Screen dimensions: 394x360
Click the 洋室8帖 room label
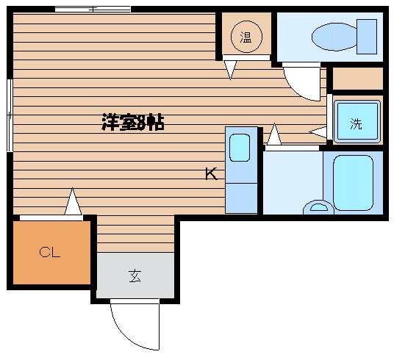click(133, 123)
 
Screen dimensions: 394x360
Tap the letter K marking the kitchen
click(211, 174)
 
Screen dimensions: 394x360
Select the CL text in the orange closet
click(50, 252)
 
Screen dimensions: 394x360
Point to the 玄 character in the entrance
click(135, 276)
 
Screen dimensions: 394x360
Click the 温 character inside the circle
click(246, 37)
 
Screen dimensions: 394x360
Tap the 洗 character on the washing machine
click(356, 123)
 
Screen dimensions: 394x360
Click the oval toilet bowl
click(334, 37)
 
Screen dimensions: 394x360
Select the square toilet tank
click(367, 37)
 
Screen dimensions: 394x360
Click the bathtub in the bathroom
click(353, 183)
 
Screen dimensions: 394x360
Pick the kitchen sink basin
click(240, 148)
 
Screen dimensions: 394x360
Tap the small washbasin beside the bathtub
click(318, 207)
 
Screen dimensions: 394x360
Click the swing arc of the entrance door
click(127, 332)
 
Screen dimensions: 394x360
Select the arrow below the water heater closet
click(230, 70)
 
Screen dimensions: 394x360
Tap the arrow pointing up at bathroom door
click(274, 134)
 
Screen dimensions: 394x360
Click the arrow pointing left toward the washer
click(318, 132)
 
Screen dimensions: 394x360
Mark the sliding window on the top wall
click(93, 10)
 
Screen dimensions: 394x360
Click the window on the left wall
click(10, 115)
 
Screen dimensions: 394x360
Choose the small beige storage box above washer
click(358, 79)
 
